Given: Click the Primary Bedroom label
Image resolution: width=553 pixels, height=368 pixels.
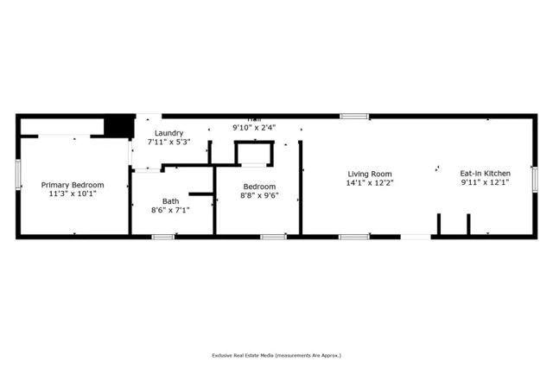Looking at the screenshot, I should point(73,185).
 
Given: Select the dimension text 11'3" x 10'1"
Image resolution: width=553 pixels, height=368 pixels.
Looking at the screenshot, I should point(73,194).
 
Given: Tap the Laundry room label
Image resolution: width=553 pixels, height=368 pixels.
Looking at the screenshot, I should point(168,133).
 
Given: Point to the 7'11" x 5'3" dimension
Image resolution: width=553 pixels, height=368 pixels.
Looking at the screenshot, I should point(168,142).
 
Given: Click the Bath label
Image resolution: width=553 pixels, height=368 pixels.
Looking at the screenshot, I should point(169,200).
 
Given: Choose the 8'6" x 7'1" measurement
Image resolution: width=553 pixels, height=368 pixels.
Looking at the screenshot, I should point(169,210).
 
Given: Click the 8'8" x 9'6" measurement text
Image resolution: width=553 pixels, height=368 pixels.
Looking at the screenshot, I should point(258,196).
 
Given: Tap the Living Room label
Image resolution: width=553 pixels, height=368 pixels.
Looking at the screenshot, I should point(370,173).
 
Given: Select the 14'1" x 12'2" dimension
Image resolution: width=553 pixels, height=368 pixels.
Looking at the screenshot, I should point(370,182).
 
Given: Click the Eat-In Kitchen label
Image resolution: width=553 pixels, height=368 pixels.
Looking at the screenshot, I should point(485,173).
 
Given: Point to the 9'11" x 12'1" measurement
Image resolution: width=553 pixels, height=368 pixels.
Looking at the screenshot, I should point(485,182).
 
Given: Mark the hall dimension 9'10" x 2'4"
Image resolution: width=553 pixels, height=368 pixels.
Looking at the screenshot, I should point(254,128).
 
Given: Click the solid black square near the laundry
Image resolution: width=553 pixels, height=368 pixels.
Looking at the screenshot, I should point(117,127).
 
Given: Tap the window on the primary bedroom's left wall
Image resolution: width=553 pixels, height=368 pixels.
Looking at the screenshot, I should point(18,174).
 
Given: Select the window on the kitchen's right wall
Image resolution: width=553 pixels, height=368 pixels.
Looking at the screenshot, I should point(534,179).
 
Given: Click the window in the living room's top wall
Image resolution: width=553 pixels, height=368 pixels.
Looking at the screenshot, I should point(353,116).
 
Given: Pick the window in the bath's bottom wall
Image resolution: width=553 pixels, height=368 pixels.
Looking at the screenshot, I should point(162,236).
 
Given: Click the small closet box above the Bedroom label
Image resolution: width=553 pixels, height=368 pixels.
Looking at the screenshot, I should point(255,153).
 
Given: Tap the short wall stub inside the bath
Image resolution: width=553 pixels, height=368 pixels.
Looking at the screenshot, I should point(200,194).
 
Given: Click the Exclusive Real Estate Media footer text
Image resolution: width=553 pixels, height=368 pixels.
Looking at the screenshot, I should point(276,355).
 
